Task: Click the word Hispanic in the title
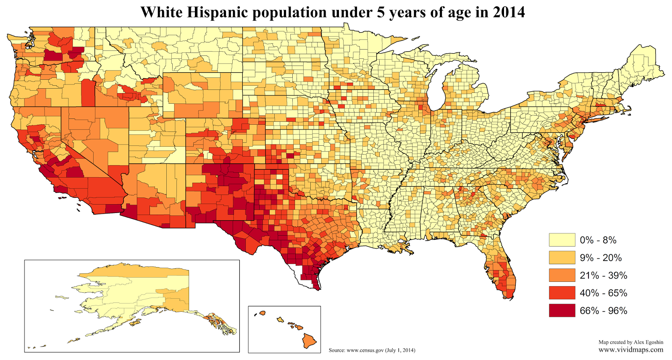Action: click(218, 12)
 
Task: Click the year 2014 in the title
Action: click(509, 12)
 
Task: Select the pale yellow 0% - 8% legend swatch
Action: click(562, 240)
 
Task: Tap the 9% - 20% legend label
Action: click(600, 258)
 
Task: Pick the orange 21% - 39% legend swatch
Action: click(562, 275)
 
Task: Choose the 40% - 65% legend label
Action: click(603, 293)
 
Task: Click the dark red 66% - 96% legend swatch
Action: click(562, 310)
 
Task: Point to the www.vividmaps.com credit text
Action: click(631, 349)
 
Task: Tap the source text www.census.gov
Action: click(365, 350)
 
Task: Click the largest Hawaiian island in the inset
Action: click(310, 341)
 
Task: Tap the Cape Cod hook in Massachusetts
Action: click(628, 110)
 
